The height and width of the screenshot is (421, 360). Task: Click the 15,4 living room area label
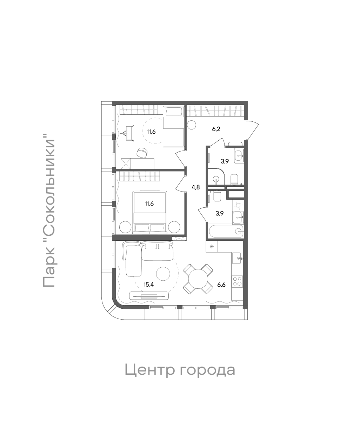click(149, 285)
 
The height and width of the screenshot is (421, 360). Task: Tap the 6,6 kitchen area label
click(221, 285)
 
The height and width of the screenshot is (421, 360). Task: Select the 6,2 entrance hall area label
click(216, 129)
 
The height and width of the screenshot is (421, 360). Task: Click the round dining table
click(198, 279)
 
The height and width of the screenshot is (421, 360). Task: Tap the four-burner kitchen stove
click(237, 281)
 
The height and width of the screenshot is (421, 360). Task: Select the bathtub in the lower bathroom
click(225, 231)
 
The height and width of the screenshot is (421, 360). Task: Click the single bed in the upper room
click(174, 127)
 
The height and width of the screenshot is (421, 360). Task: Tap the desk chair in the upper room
click(142, 152)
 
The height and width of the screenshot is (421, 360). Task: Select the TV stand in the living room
click(147, 296)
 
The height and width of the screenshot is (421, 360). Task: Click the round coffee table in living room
click(163, 274)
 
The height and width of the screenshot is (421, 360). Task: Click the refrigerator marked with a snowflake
click(212, 246)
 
